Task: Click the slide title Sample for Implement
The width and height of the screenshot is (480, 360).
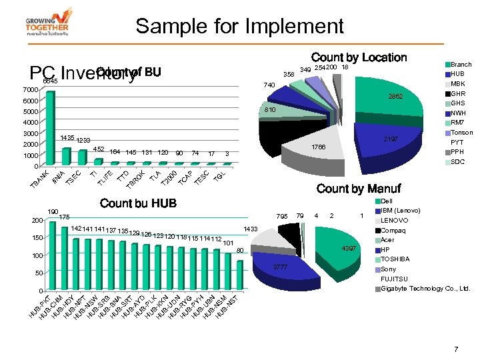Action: [x=239, y=27]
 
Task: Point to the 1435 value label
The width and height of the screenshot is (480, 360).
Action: [x=67, y=137]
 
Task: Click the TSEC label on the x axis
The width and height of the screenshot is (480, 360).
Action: [x=73, y=177]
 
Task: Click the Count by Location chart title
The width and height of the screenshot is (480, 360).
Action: [x=359, y=58]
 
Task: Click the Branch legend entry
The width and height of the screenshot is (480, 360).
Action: [x=461, y=65]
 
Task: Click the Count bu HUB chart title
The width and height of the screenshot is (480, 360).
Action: [x=138, y=203]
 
